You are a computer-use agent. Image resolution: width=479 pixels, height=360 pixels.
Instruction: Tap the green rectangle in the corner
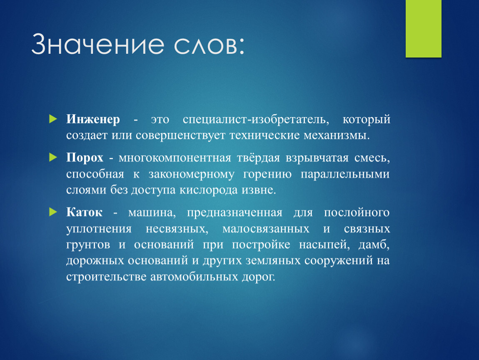[x=424, y=28]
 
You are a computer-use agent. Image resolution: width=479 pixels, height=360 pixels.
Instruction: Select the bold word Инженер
[x=93, y=119]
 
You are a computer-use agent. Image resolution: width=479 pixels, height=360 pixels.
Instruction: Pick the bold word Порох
[x=85, y=157]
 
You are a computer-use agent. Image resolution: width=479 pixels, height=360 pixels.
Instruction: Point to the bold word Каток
[x=84, y=212]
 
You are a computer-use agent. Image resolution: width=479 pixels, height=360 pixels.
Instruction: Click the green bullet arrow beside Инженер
[x=53, y=119]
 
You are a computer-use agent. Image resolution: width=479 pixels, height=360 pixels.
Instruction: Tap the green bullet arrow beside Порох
[x=53, y=157]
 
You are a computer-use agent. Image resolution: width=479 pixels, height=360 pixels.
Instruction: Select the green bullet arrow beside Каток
[x=53, y=212]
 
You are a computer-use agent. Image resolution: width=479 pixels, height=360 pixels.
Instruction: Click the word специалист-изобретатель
[x=256, y=119]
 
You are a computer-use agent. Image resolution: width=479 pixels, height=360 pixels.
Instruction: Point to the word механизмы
[x=336, y=135]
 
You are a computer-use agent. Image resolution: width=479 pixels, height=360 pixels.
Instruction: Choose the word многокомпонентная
[x=175, y=158]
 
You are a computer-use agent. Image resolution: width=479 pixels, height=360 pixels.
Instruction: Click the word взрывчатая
[x=317, y=158]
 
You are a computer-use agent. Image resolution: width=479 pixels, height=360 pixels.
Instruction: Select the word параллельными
[x=345, y=174]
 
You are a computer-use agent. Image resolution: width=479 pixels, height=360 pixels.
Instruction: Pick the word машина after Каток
[x=152, y=212]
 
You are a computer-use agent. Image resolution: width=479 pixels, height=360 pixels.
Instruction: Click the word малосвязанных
[x=266, y=229]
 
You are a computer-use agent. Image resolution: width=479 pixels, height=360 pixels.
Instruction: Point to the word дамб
[x=374, y=245]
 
